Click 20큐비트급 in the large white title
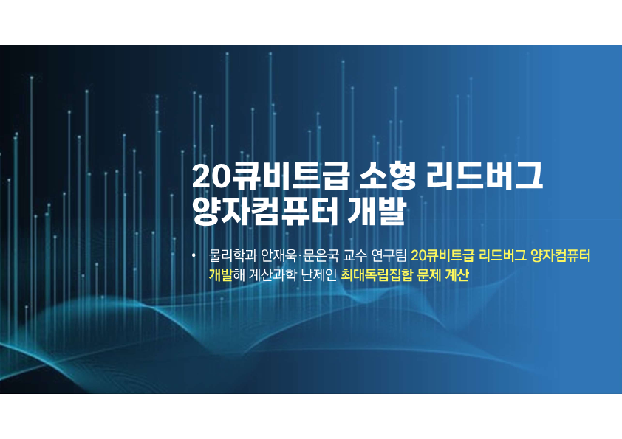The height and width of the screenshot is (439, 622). click(x=270, y=176)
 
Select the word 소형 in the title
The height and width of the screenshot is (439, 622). click(x=387, y=176)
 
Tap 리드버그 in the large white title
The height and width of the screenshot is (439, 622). click(x=484, y=176)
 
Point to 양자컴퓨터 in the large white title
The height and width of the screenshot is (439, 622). click(x=265, y=212)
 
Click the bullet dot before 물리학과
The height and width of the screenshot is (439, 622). click(x=194, y=255)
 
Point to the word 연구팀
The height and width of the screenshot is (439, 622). click(x=389, y=256)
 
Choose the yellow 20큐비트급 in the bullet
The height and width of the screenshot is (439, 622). click(x=442, y=256)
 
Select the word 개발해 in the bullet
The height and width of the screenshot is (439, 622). click(x=227, y=274)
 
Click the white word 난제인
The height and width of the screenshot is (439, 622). click(x=319, y=274)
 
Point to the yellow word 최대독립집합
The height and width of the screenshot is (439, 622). click(x=377, y=274)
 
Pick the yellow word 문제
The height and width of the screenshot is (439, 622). click(x=428, y=274)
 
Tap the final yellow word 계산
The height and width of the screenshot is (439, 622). click(x=457, y=274)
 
